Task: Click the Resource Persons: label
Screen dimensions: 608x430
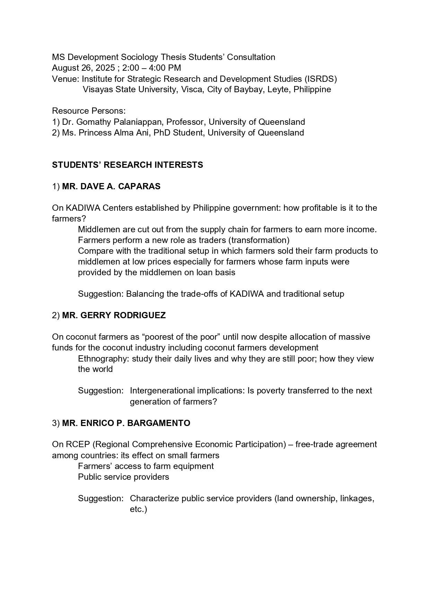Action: (89, 111)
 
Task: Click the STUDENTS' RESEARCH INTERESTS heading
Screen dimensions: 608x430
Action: (128, 165)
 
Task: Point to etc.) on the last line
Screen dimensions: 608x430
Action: (139, 509)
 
